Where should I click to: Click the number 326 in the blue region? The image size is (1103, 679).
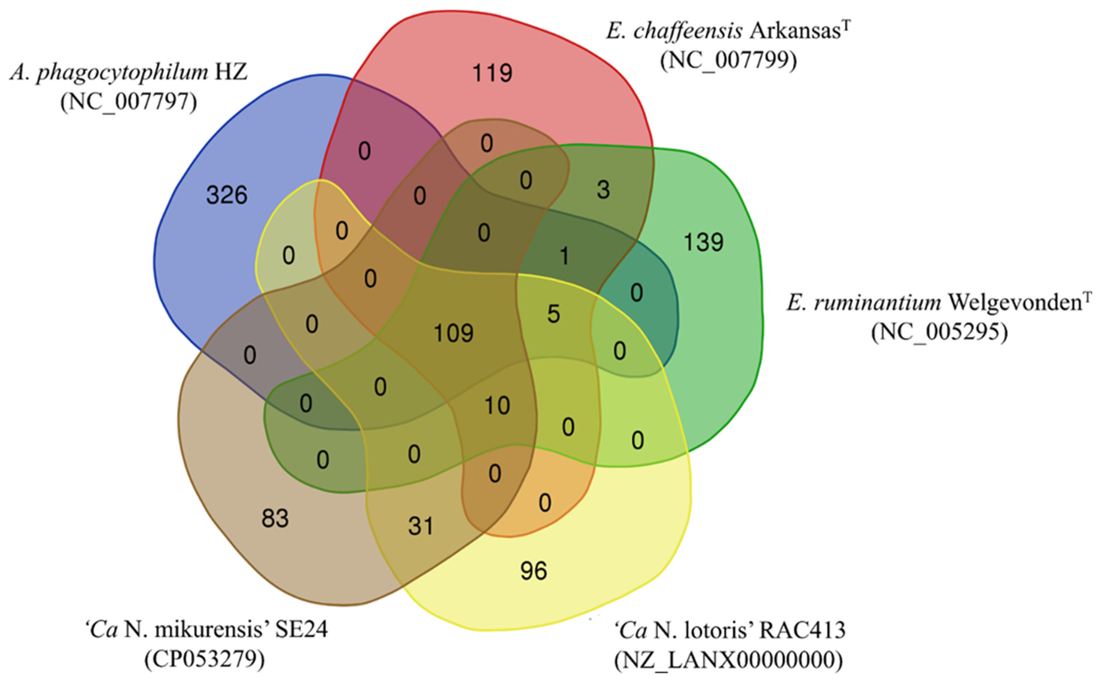click(227, 195)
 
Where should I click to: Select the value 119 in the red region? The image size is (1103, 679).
click(492, 73)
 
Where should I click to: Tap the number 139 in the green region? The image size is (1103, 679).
click(703, 242)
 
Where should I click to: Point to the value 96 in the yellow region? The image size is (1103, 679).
click(534, 571)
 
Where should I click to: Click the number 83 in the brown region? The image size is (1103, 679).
click(275, 519)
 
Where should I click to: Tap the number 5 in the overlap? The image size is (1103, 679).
click(553, 314)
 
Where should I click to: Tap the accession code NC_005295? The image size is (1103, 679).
click(939, 333)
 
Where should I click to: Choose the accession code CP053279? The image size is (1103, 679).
click(205, 659)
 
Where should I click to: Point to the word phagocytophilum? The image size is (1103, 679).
click(122, 72)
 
